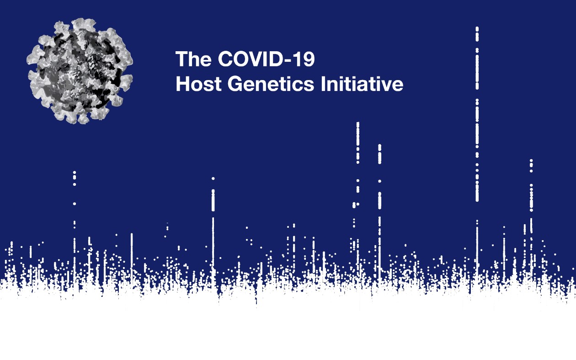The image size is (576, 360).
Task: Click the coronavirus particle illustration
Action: (80, 71)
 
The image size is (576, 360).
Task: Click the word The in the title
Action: (193, 59)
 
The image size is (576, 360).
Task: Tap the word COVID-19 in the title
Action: (267, 59)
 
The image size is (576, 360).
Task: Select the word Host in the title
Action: (198, 84)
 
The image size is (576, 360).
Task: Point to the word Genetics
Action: (271, 84)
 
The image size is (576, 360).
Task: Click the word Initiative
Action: (362, 84)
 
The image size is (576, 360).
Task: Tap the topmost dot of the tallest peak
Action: (477, 28)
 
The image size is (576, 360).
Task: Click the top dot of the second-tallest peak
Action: (357, 124)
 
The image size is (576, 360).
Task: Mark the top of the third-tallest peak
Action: (379, 146)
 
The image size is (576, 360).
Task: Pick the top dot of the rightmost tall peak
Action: (531, 161)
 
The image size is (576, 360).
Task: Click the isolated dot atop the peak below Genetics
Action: (213, 178)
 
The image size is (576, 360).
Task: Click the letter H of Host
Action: (182, 84)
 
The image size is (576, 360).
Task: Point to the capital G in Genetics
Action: (235, 84)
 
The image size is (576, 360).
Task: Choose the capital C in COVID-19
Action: (225, 59)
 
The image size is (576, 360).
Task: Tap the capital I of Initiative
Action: (323, 84)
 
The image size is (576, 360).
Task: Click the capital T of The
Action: (182, 59)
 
